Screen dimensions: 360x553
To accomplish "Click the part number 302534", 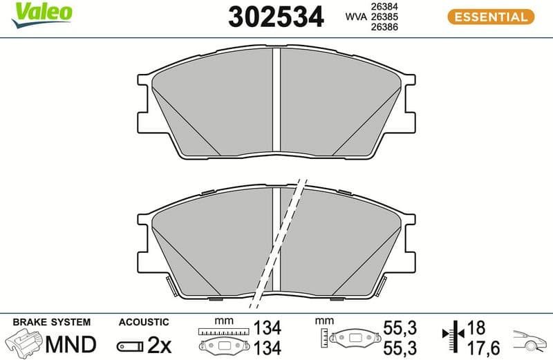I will pos(276,17).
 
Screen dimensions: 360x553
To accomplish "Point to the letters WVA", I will pos(354,17).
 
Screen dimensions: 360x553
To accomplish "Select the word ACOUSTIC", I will pos(144,322).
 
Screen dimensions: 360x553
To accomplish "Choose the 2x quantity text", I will pos(160,343).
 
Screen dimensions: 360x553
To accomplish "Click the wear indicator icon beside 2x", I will pos(130,343).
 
